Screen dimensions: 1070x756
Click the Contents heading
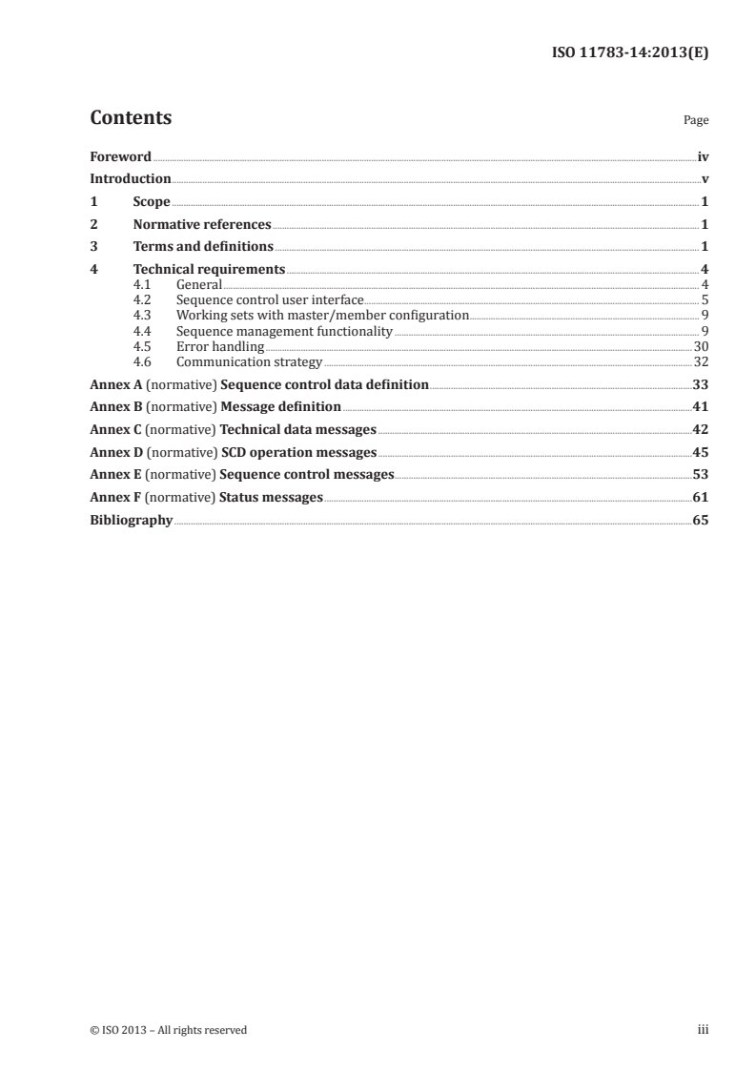pos(131,118)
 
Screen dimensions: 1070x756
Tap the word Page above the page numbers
pos(696,121)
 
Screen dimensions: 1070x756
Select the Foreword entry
pos(120,156)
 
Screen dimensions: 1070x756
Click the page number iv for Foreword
pos(703,156)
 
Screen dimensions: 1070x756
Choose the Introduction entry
pos(131,179)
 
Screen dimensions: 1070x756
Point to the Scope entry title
pos(152,202)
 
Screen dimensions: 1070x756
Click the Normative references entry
pos(202,225)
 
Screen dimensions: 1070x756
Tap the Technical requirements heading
pos(209,270)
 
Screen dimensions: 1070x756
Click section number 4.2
pos(143,300)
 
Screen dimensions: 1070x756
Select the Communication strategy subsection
pos(249,362)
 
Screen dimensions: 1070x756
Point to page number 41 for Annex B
pos(700,407)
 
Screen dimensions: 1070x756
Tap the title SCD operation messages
pos(298,452)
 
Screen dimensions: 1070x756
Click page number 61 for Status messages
pos(700,498)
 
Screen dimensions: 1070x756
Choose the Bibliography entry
pos(131,521)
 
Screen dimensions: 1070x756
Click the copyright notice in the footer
pos(168,1030)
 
